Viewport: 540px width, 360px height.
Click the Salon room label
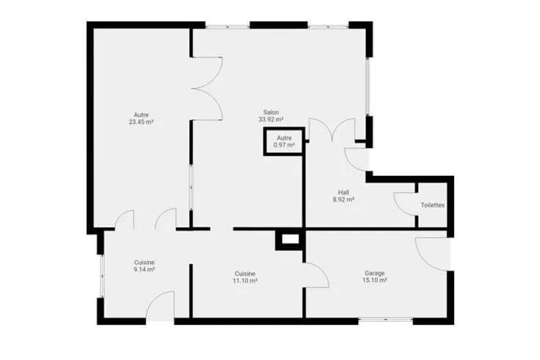[x=271, y=112]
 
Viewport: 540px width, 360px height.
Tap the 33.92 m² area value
[x=271, y=120]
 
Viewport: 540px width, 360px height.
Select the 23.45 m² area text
[x=141, y=122]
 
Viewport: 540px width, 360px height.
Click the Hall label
[x=343, y=192]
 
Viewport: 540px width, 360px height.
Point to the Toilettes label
[x=433, y=205]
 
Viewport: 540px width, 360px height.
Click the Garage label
[x=375, y=273]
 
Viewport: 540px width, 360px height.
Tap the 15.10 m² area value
[x=375, y=281]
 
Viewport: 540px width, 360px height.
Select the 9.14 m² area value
[x=145, y=270]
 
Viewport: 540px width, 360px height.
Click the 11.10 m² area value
[x=245, y=281]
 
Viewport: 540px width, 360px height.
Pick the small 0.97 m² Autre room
[x=284, y=142]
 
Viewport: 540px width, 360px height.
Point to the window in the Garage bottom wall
[x=386, y=320]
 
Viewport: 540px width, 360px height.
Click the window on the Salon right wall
[x=368, y=87]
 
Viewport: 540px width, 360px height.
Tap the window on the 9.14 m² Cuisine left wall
[x=101, y=276]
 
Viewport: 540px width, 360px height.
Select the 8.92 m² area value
[x=343, y=199]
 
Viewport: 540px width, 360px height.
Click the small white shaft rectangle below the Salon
[x=291, y=239]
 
